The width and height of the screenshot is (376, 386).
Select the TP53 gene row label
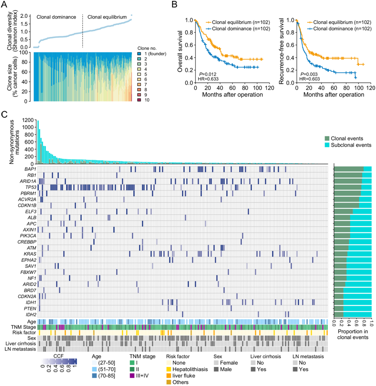coord(30,187)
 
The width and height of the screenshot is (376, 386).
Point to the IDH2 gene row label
coord(30,314)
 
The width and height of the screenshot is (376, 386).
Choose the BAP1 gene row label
coord(30,169)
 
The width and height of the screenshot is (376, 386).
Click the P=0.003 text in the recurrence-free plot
coord(307,74)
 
